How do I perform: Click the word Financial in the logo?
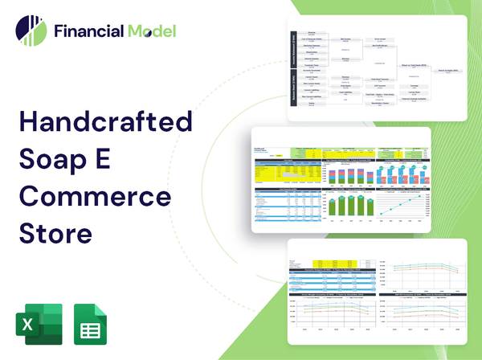coord(88,31)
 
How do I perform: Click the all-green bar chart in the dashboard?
coord(345,204)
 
